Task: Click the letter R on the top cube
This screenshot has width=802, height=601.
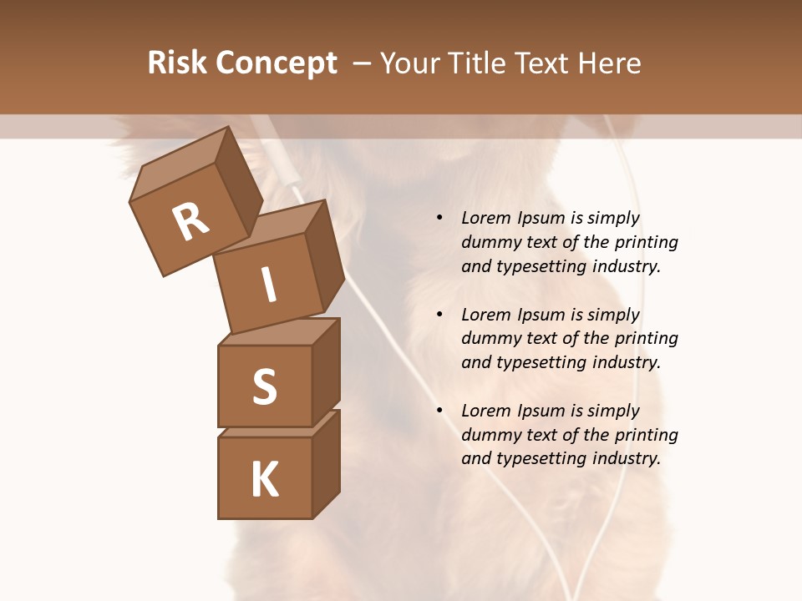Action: point(190,222)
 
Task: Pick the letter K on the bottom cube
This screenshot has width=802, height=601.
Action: point(264,479)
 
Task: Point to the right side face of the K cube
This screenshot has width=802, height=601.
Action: point(326,463)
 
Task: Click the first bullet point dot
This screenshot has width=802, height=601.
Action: point(439,218)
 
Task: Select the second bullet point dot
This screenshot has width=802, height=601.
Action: point(439,315)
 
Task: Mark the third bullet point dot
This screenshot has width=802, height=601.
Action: point(439,411)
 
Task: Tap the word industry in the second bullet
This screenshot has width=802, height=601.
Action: point(626,362)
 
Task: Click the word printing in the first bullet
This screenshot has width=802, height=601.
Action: point(646,242)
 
